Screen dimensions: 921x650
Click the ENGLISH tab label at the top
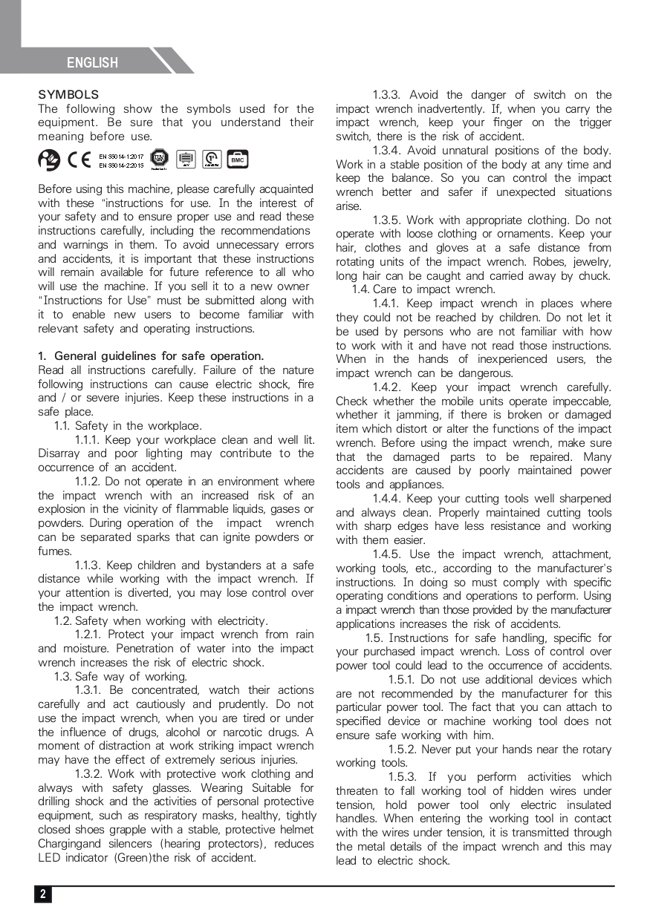92,63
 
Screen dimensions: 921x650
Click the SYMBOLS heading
68,95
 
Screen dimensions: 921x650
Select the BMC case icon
238,160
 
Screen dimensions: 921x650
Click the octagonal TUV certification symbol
159,159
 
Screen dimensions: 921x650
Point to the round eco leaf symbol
49,160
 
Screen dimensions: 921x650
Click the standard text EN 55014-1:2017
121,156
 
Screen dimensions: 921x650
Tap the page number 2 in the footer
42,894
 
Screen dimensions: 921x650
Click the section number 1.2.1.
88,635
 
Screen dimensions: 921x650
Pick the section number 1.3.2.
89,774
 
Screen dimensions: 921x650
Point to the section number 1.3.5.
386,220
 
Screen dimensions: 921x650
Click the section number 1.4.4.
387,499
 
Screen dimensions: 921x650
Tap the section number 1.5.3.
403,777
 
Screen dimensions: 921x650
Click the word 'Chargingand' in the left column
71,844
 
